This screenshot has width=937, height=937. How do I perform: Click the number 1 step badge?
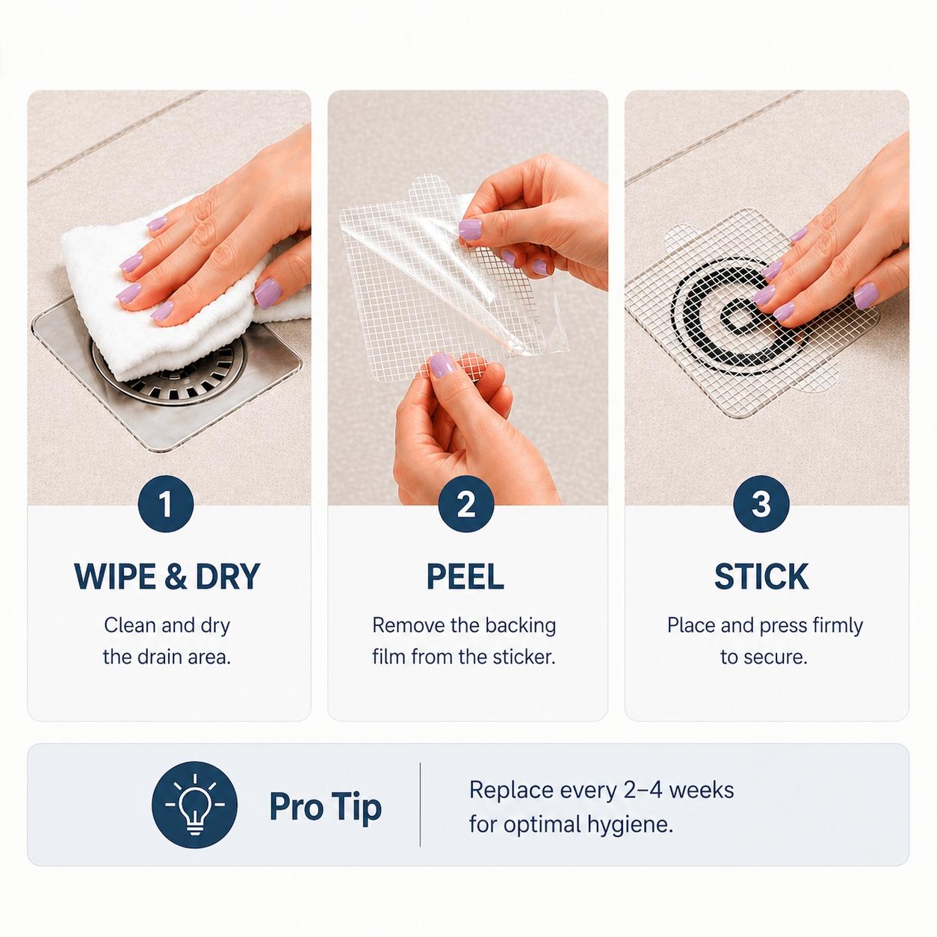pyautogui.click(x=166, y=504)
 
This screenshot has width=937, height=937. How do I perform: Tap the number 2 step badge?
pyautogui.click(x=466, y=504)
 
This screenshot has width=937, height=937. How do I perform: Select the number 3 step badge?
pyautogui.click(x=761, y=504)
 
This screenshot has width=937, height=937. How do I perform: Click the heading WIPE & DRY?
pyautogui.click(x=167, y=577)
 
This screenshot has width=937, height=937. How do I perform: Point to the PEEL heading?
pyautogui.click(x=466, y=577)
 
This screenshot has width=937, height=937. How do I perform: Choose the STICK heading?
pyautogui.click(x=761, y=577)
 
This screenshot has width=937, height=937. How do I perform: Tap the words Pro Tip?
pyautogui.click(x=325, y=807)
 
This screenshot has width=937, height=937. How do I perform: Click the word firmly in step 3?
pyautogui.click(x=836, y=625)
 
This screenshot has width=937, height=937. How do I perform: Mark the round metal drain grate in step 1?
pyautogui.click(x=170, y=372)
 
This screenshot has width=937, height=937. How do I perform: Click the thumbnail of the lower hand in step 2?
pyautogui.click(x=442, y=365)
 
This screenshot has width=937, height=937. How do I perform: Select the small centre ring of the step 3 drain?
pyautogui.click(x=738, y=320)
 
